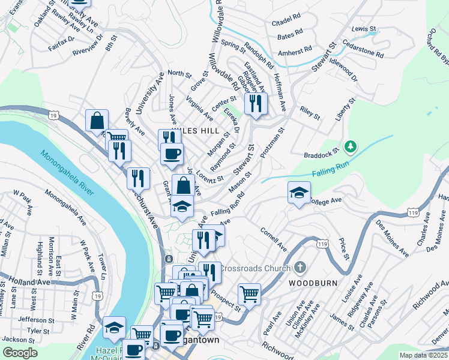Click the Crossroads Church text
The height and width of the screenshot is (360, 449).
255,268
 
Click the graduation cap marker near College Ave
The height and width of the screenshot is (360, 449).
299,193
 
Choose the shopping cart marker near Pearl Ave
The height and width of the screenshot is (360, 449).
249,294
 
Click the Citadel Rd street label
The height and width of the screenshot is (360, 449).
285,23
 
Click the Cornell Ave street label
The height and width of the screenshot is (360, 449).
273,239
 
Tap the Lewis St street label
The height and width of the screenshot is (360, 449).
363,28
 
